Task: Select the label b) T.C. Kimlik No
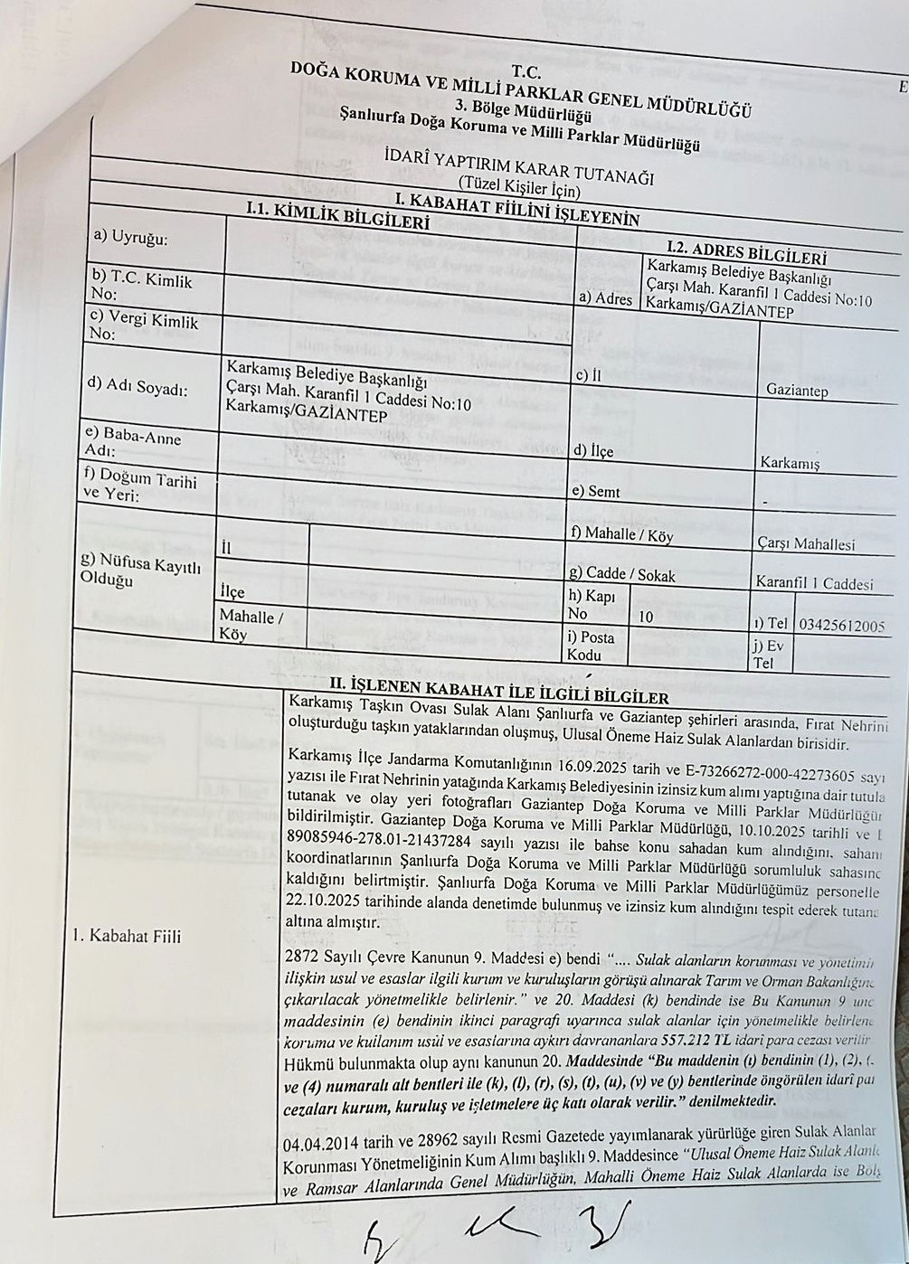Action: click(x=141, y=287)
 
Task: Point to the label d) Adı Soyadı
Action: click(x=137, y=386)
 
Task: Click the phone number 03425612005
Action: click(x=842, y=625)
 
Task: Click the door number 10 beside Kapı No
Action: click(x=646, y=618)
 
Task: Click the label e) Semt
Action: click(x=595, y=492)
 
